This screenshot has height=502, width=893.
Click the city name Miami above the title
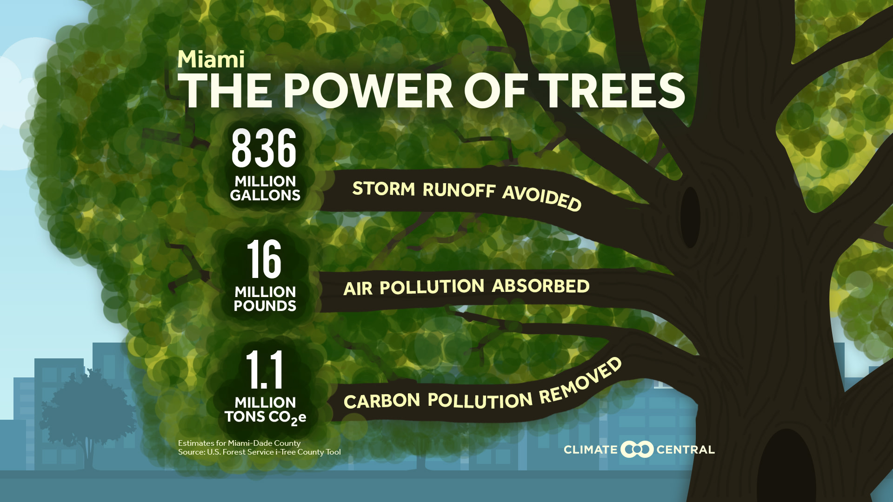coord(211,59)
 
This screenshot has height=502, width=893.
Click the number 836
coord(264,148)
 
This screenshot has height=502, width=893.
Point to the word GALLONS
coord(265,195)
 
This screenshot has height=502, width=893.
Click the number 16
coord(264,259)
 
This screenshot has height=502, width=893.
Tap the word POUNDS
coord(265,306)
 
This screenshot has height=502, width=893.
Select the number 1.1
coord(264,370)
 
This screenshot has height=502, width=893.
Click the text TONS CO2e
coord(265,417)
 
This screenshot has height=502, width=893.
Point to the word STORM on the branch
coord(383,189)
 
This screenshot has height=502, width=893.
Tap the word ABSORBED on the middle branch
coord(540,286)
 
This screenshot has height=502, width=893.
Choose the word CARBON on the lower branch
coord(381,401)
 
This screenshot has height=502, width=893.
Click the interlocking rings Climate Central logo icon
coord(637,449)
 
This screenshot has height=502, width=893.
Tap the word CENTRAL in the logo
coord(685,449)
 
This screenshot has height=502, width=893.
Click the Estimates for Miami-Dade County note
coord(239,443)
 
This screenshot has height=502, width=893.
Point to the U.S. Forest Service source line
coord(259,452)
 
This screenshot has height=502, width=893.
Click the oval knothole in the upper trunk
coord(690,217)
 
